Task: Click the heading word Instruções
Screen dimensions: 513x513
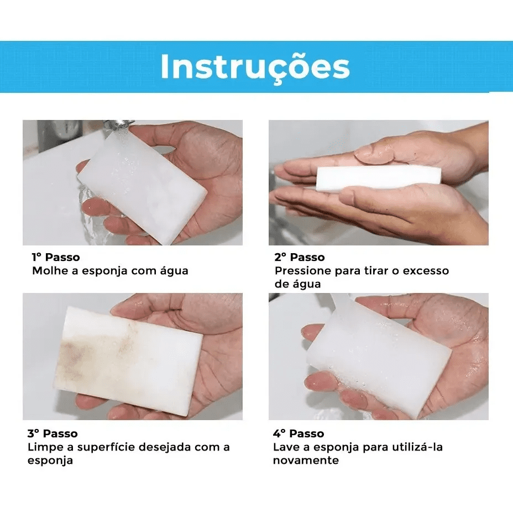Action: coord(255,67)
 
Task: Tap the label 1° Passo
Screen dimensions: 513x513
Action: coord(56,257)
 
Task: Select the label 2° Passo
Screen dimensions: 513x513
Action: coord(300,257)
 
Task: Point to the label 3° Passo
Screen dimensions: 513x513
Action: coord(53,433)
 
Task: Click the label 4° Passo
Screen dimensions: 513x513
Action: coord(299,433)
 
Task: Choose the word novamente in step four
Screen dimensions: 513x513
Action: coord(306,460)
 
